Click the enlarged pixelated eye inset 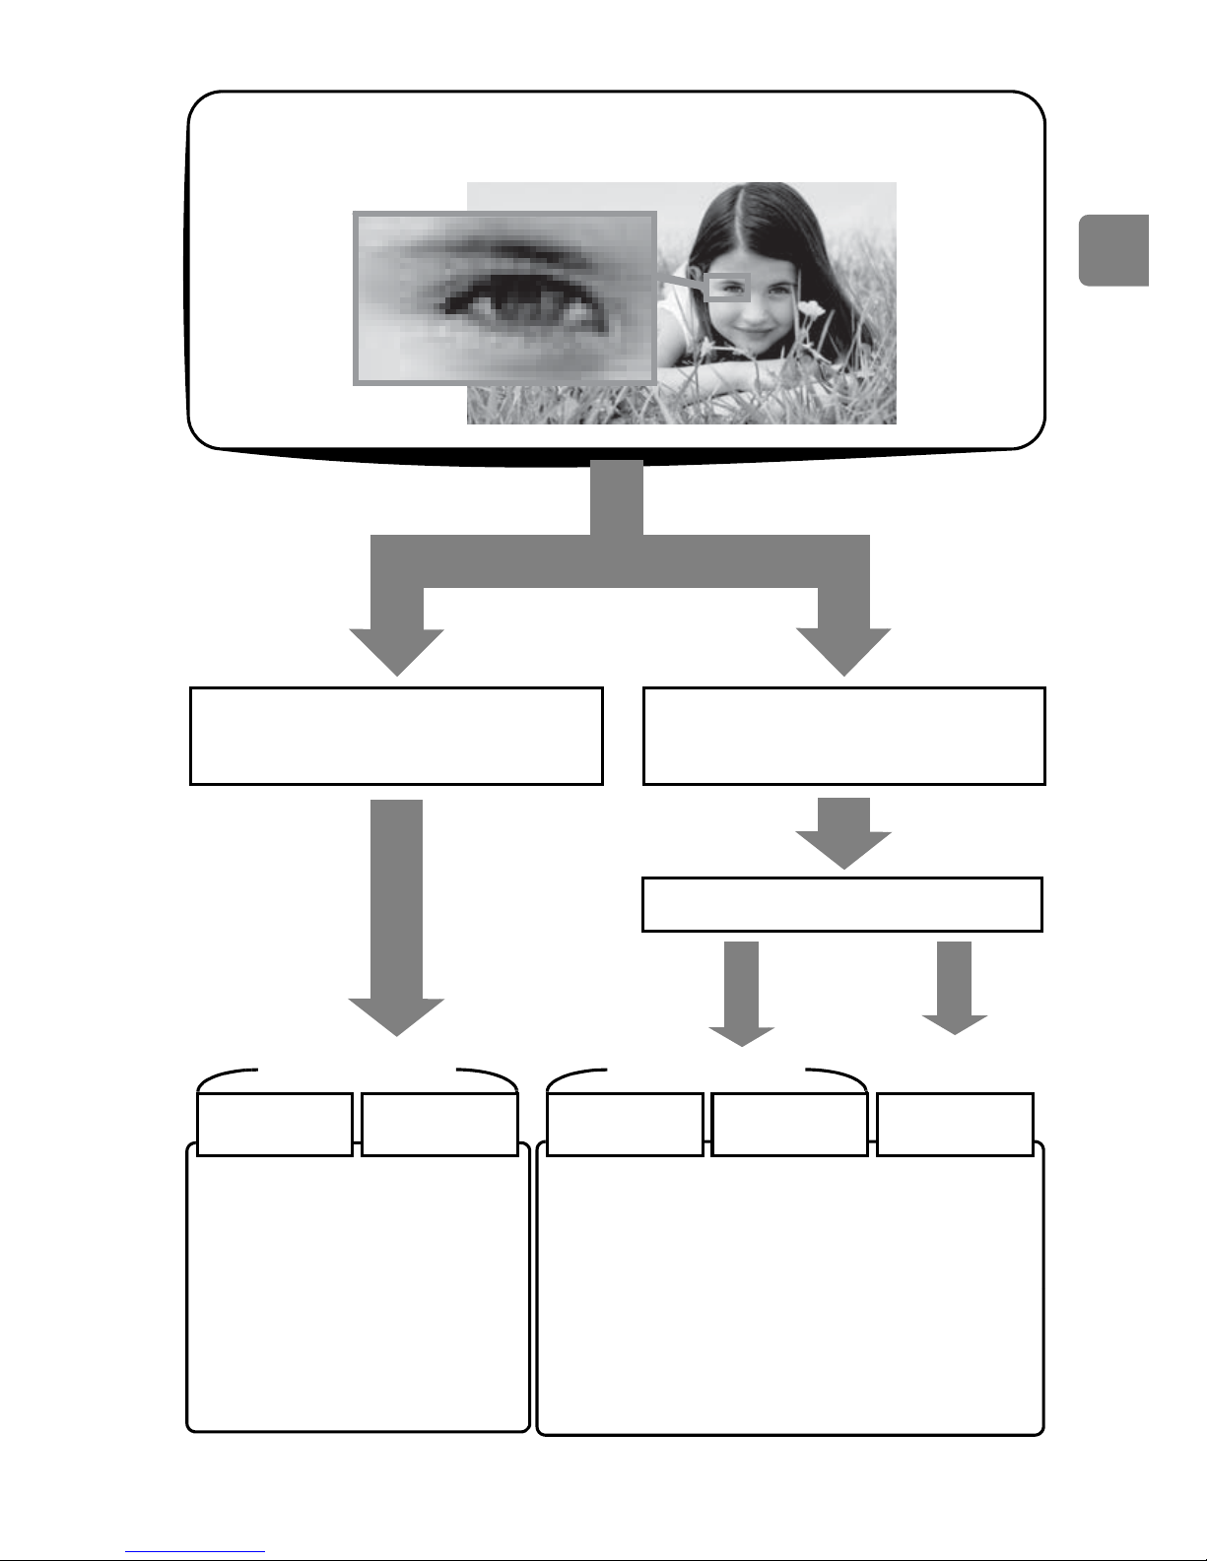tap(504, 298)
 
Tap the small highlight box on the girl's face tap(728, 288)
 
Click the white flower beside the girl tap(811, 309)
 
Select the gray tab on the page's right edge tap(1113, 250)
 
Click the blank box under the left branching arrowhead tap(396, 736)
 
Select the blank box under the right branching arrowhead tap(843, 736)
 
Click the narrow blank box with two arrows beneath tap(841, 904)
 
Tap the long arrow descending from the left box tap(396, 916)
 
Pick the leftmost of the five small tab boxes tap(275, 1123)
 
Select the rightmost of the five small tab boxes tap(955, 1123)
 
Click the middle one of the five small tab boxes tap(625, 1123)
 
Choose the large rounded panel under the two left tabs tap(359, 1290)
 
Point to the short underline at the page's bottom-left tap(195, 1551)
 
